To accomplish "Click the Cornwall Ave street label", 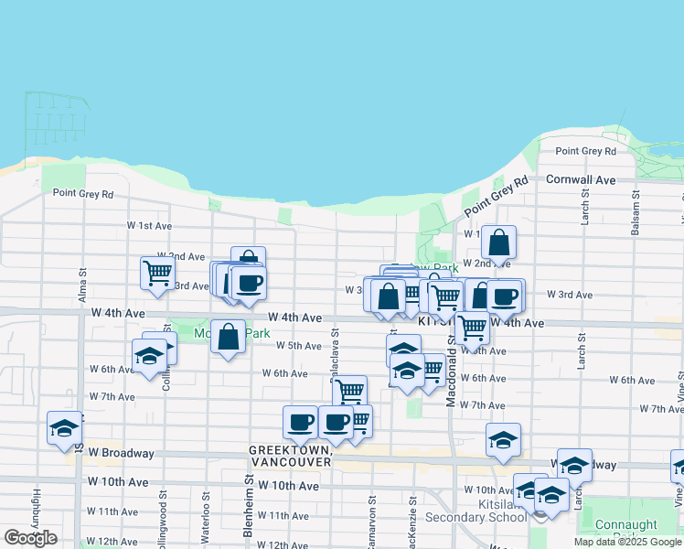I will tap(581, 180).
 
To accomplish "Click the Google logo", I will tap(30, 538).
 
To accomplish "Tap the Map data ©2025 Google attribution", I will tap(628, 542).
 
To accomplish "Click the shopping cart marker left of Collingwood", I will tap(157, 272).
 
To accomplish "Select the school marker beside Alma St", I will tap(64, 428).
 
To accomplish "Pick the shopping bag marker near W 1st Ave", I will tap(498, 242).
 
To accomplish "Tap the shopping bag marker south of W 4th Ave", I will tap(228, 336).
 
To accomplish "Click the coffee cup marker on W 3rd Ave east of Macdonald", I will tap(504, 296).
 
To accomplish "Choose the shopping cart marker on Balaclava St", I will tap(349, 391).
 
